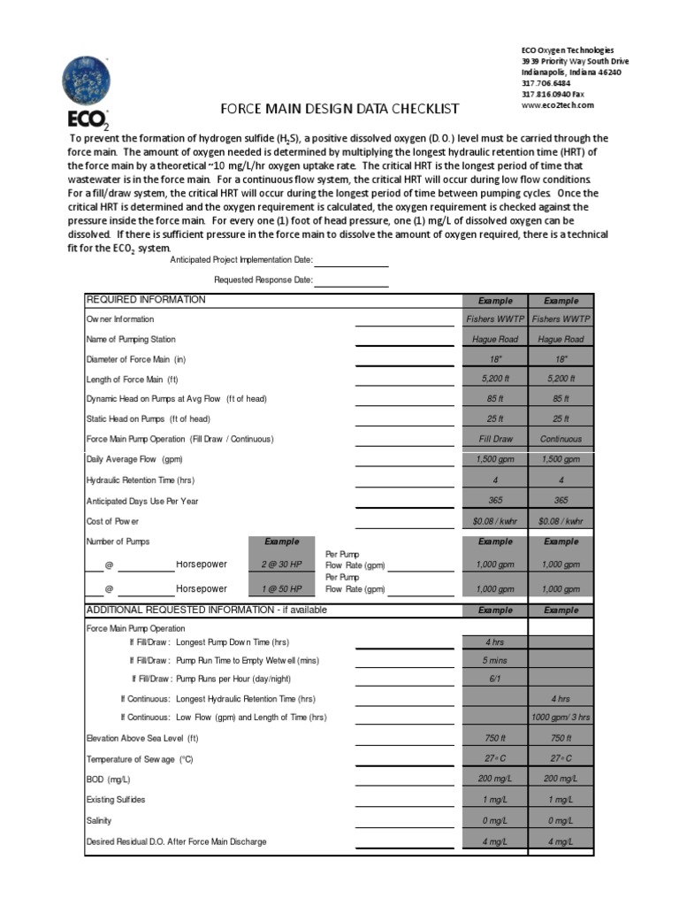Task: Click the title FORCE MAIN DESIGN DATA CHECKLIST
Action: click(339, 109)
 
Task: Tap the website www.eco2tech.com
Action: click(557, 104)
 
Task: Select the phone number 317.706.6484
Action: click(546, 83)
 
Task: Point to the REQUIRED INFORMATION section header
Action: click(146, 300)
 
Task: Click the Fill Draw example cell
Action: click(495, 439)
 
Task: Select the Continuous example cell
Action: click(561, 439)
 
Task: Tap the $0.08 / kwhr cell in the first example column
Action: click(495, 520)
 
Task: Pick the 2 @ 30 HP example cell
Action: click(282, 564)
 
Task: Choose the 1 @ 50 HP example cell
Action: click(282, 588)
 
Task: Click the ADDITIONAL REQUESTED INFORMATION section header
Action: click(206, 610)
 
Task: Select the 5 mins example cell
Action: click(495, 660)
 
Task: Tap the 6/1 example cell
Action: click(495, 679)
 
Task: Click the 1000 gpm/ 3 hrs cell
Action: click(561, 717)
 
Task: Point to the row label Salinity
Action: click(99, 821)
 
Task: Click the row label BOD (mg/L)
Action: click(108, 779)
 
